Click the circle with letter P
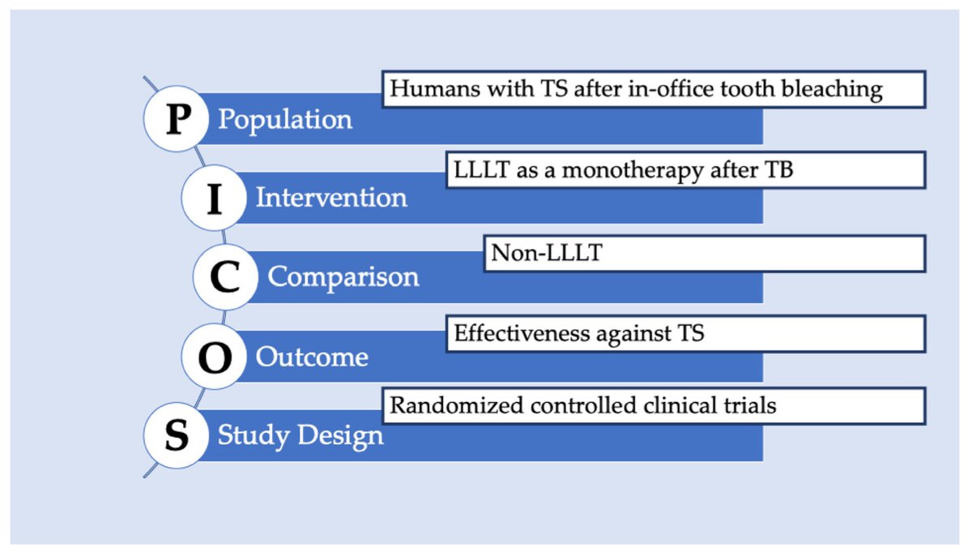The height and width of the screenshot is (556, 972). tap(177, 119)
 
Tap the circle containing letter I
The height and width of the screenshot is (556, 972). tap(214, 199)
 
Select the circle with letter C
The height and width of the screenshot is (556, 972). tap(225, 277)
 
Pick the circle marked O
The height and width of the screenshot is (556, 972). tap(214, 357)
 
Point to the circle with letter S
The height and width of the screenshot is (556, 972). tap(177, 436)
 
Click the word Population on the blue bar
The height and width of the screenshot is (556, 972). tap(285, 120)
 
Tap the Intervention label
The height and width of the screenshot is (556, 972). tap(331, 198)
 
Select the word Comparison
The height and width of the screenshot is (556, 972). tap(343, 277)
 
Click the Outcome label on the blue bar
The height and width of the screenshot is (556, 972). tap(312, 357)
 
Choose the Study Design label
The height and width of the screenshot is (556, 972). tap(301, 436)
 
